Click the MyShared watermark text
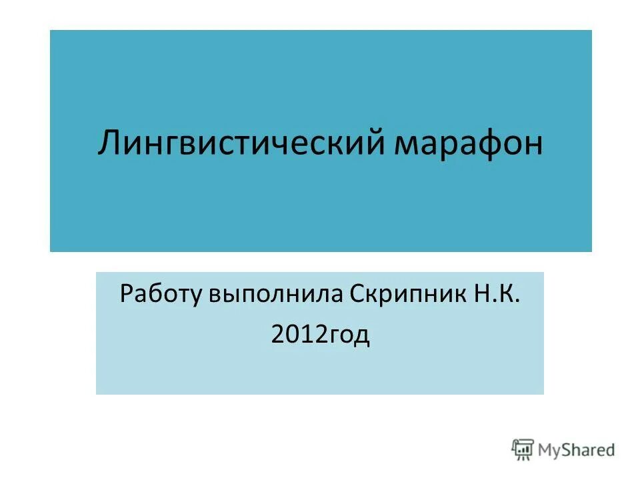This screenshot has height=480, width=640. (x=578, y=450)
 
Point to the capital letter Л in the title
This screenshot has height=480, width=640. (x=110, y=144)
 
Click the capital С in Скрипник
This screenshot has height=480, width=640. (x=354, y=294)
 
